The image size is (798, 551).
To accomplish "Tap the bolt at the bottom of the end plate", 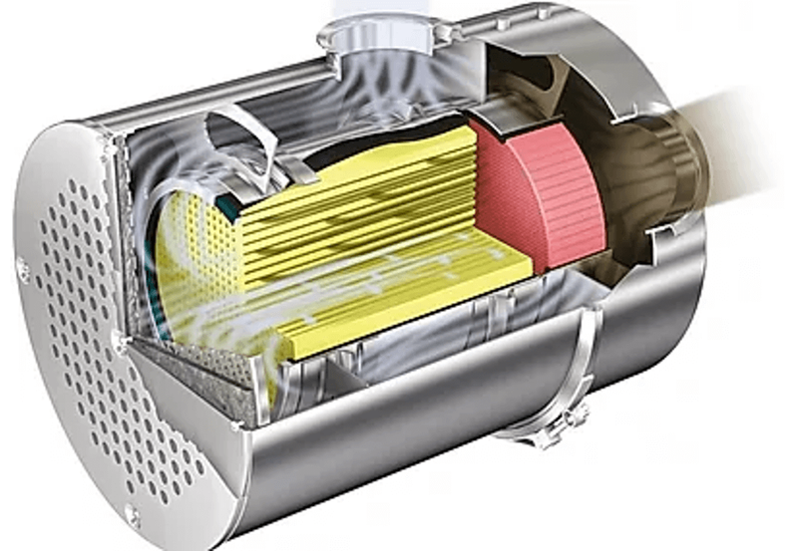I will [x=132, y=515].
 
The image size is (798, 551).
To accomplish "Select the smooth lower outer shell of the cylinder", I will [x=399, y=438].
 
